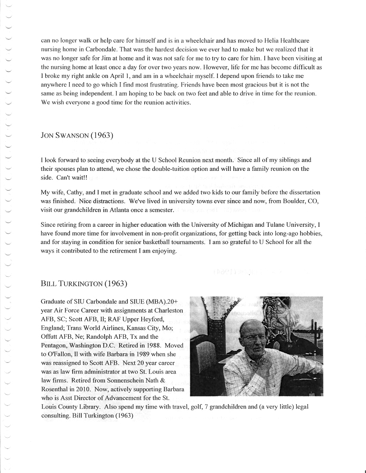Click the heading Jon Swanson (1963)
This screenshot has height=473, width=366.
tap(77, 136)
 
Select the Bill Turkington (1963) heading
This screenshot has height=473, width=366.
tap(84, 284)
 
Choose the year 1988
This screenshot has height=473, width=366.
tap(145, 346)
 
